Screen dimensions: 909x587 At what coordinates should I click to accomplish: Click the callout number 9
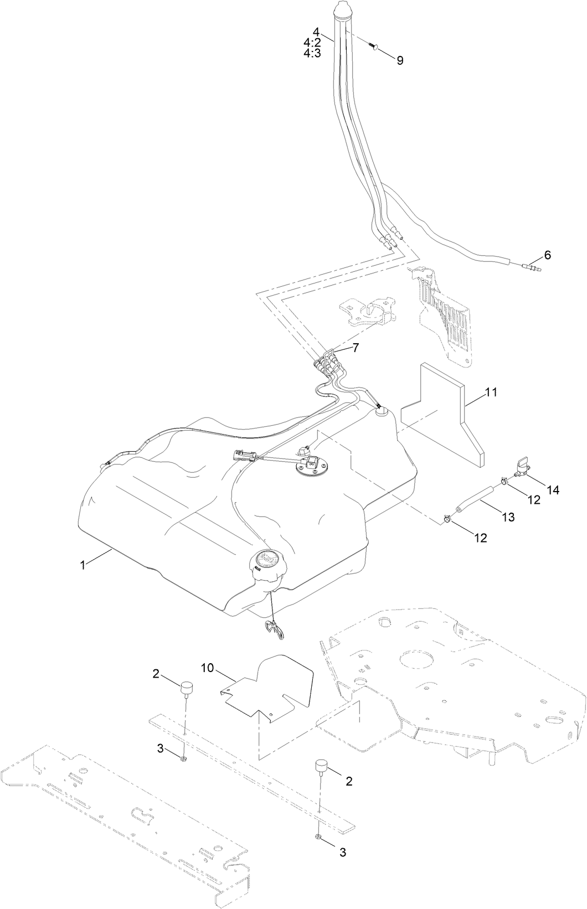pyautogui.click(x=400, y=61)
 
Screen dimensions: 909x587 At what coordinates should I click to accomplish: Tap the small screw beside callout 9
pyautogui.click(x=374, y=47)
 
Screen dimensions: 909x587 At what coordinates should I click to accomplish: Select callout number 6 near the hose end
pyautogui.click(x=548, y=255)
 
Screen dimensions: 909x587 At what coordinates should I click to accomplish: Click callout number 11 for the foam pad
pyautogui.click(x=491, y=392)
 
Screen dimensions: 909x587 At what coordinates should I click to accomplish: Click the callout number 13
pyautogui.click(x=508, y=517)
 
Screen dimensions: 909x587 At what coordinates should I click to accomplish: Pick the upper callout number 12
pyautogui.click(x=533, y=499)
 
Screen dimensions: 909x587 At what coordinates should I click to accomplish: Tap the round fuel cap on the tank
pyautogui.click(x=267, y=560)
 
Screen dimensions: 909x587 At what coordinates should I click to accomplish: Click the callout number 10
pyautogui.click(x=207, y=668)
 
